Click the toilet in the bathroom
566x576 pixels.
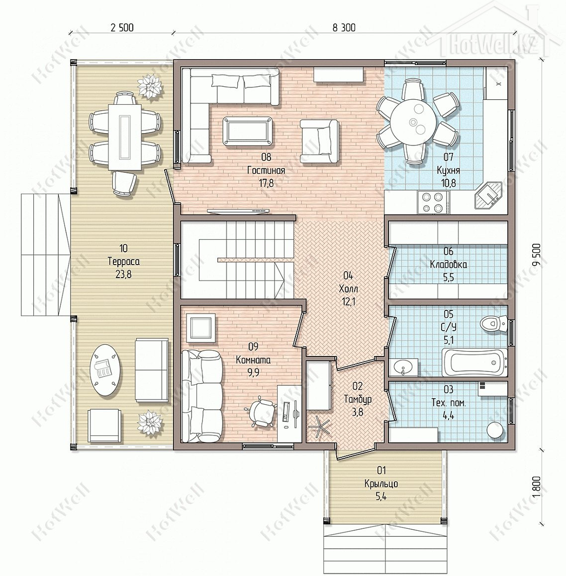pyautogui.click(x=493, y=324)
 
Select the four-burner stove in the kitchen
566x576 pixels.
pyautogui.click(x=433, y=203)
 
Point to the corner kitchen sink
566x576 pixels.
pyautogui.click(x=487, y=196)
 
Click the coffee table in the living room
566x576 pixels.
pyautogui.click(x=247, y=131)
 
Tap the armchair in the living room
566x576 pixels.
pyautogui.click(x=319, y=142)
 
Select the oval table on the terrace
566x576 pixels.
pyautogui.click(x=106, y=369)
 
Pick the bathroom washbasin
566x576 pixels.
pyautogui.click(x=404, y=367)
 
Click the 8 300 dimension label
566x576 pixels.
pyautogui.click(x=344, y=27)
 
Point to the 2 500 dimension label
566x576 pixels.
pyautogui.click(x=122, y=27)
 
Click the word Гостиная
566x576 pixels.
pyautogui.click(x=266, y=170)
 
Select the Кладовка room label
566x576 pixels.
pyautogui.click(x=448, y=264)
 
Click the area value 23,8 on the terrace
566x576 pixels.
pyautogui.click(x=124, y=274)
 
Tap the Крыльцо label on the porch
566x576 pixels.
pyautogui.click(x=381, y=484)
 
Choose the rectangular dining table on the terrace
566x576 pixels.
pyautogui.click(x=125, y=137)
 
